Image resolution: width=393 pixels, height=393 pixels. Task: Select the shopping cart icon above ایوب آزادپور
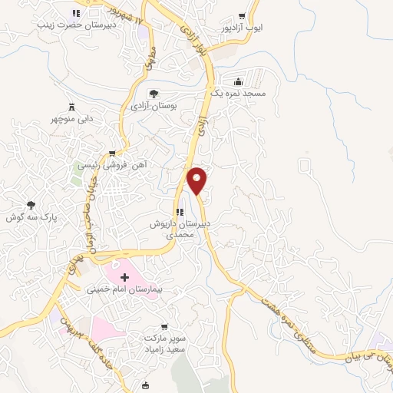[243, 16]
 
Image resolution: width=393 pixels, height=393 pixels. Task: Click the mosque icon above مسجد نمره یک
[239, 82]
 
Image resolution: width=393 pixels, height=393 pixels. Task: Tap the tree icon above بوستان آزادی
[154, 94]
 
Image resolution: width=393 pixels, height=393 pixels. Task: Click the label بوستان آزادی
[154, 105]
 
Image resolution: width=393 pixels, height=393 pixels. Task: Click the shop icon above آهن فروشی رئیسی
[113, 153]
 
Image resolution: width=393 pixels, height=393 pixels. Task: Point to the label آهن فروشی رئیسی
[114, 164]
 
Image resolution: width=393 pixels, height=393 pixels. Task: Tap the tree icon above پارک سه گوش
[31, 205]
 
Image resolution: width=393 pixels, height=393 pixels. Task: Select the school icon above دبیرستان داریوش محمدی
[179, 213]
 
